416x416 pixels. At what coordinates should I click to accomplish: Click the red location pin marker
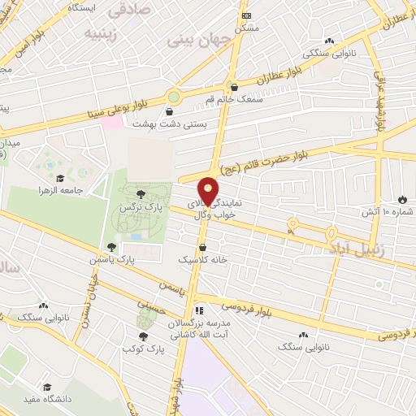point(209,189)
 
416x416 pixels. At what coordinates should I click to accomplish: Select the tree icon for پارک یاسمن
point(110,247)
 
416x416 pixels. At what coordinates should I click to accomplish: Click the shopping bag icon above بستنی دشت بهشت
point(169,112)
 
